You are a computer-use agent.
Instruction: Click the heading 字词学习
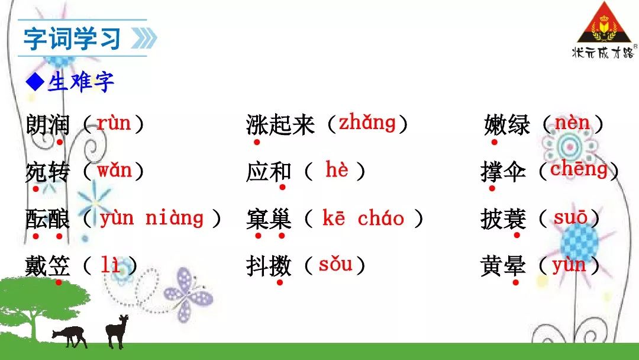(72, 38)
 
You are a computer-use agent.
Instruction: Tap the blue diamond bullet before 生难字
(35, 82)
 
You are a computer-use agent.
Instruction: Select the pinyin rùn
(114, 123)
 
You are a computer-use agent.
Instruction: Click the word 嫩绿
(507, 124)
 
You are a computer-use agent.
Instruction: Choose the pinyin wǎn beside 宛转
(115, 169)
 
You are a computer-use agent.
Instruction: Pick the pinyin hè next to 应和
(337, 169)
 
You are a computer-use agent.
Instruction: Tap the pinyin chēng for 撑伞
(579, 169)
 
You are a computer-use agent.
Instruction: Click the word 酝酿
(47, 219)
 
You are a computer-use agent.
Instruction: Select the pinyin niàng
(175, 218)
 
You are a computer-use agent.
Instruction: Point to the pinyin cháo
(381, 218)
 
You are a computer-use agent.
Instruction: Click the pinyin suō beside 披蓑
(570, 217)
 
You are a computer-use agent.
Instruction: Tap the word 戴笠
(47, 266)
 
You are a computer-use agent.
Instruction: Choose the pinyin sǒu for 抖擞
(335, 264)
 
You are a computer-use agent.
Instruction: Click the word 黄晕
(503, 266)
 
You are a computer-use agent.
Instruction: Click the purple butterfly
(188, 292)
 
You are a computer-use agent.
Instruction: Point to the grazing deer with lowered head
(70, 336)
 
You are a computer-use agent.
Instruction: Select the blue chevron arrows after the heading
(144, 38)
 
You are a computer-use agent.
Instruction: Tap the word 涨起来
(280, 125)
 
